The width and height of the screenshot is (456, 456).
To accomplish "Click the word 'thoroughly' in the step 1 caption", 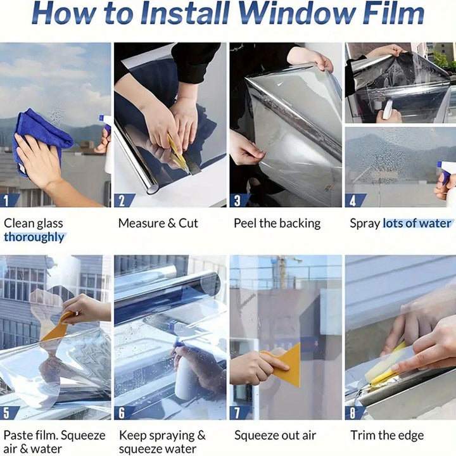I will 34,237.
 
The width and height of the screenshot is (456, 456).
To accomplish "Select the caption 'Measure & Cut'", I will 158,223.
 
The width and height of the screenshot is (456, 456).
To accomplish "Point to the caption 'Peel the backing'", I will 277,223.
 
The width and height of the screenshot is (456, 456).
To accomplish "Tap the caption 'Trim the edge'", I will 387,435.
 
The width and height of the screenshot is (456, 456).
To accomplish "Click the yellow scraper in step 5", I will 56,327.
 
